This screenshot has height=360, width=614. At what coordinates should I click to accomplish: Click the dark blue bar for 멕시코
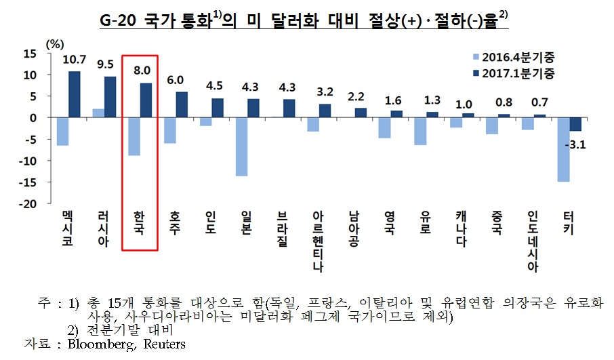75,94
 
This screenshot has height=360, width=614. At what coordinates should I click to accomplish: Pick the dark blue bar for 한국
146,100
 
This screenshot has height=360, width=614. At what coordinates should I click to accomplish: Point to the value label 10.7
74,61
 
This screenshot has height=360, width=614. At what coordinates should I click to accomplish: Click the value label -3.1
575,143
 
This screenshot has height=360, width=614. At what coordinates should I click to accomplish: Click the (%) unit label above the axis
53,41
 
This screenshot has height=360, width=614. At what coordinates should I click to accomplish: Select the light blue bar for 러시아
98,113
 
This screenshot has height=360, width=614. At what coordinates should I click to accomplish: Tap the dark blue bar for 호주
182,104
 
